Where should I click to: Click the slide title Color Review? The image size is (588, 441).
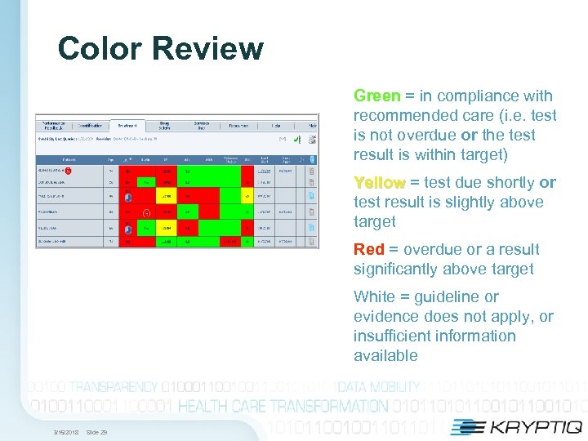[161, 49]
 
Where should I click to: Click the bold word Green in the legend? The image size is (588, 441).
[376, 96]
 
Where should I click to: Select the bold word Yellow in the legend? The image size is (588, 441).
[379, 183]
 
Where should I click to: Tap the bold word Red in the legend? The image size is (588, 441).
[368, 250]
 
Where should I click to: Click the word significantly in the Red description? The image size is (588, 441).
[399, 269]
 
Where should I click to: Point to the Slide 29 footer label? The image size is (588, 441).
[96, 431]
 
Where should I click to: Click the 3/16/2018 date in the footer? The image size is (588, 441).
[65, 431]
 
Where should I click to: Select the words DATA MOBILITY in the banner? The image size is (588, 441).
[379, 387]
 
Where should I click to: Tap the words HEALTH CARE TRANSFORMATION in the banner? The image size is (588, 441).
[283, 406]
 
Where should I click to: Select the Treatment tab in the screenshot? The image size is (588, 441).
[127, 126]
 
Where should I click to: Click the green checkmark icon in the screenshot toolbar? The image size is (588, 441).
[311, 126]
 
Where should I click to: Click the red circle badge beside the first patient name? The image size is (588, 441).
[69, 171]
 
